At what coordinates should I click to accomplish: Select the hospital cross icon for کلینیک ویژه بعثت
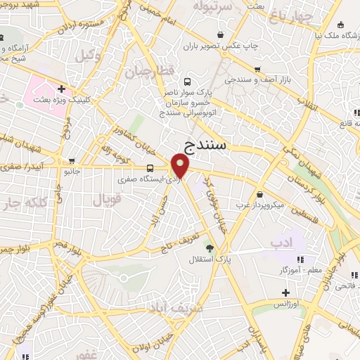point(61,89)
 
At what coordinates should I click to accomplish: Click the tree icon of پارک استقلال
point(209,247)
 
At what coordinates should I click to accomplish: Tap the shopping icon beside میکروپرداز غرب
point(260,194)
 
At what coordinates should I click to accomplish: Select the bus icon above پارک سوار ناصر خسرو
point(186,81)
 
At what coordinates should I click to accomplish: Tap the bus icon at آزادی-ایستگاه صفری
point(150,169)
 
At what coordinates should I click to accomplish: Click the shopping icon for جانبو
point(71,160)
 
